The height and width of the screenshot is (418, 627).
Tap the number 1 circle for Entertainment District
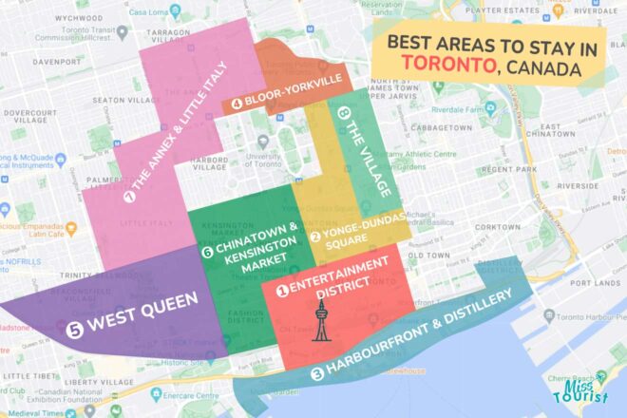click(281, 292)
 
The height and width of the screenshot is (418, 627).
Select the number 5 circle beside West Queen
click(75, 330)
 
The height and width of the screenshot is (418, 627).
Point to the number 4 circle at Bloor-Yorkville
click(236, 104)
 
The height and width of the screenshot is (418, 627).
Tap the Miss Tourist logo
click(579, 388)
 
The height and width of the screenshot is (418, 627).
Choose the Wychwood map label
click(79, 17)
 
